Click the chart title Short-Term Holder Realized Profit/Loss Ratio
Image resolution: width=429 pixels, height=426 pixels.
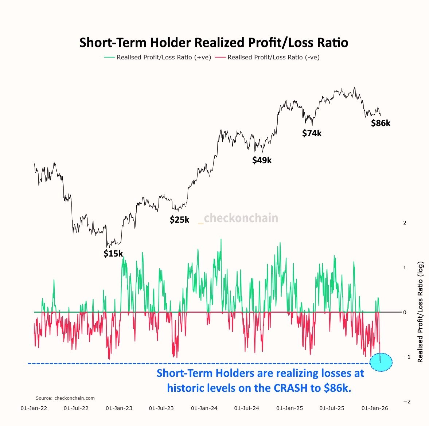point(214,43)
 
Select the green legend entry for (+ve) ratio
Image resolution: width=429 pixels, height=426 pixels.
point(157,57)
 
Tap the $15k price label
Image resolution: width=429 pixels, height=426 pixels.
point(113,254)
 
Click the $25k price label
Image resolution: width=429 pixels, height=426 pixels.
point(179,219)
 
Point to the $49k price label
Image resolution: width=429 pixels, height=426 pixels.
point(262,160)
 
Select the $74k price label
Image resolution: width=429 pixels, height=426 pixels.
point(312,133)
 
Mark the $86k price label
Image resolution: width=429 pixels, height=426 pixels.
point(381,123)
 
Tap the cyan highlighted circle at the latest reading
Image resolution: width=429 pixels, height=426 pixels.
point(381,362)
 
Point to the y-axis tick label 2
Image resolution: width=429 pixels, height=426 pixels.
point(405,223)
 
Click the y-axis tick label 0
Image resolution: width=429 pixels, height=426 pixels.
point(405,312)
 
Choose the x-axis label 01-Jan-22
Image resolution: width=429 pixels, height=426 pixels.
point(34,408)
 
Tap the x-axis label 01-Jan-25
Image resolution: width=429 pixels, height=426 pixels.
point(289,408)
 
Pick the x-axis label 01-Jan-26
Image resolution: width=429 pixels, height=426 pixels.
point(375,408)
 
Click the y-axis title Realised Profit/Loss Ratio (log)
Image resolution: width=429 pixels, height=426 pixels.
point(420,312)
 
